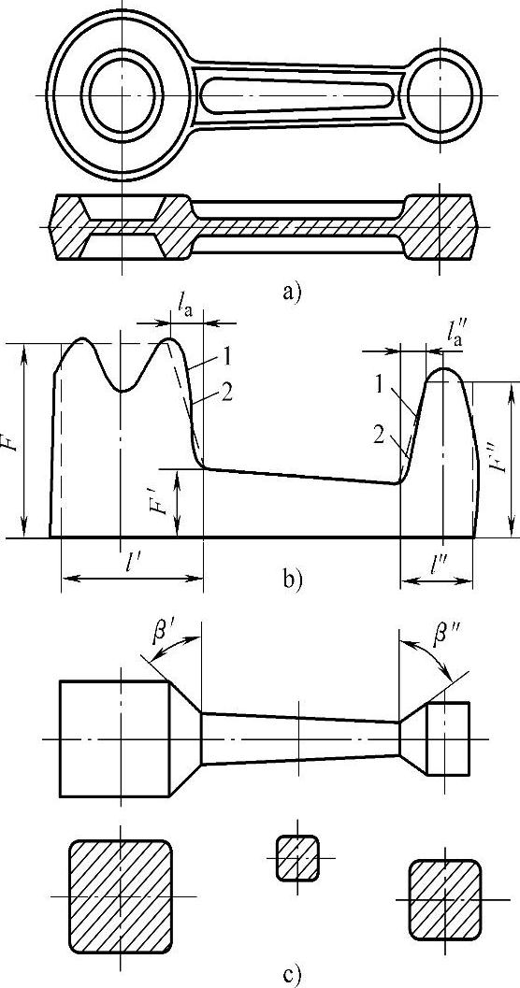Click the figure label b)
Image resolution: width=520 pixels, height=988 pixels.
[x=293, y=577]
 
